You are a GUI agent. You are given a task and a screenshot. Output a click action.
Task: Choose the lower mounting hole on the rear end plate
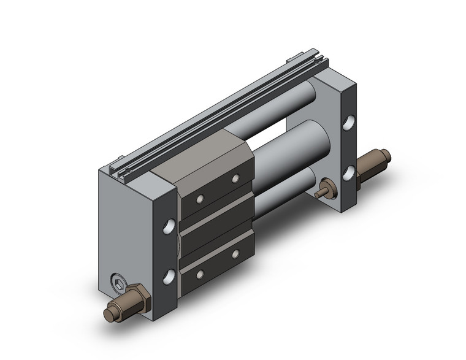pos(350,171)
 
